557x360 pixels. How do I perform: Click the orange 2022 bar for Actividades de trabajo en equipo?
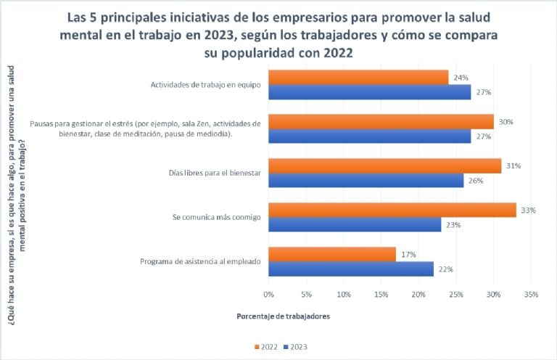(358, 77)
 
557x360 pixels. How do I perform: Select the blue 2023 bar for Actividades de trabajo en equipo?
(370, 92)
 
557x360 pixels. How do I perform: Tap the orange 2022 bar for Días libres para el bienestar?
(384, 165)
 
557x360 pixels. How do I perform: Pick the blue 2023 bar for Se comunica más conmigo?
(355, 225)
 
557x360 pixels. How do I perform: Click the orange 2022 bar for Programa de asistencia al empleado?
(332, 254)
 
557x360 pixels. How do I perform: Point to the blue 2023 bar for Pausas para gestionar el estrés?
(370, 136)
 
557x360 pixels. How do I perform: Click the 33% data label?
(528, 210)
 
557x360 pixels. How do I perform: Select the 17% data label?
(408, 255)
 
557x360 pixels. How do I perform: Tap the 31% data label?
(513, 166)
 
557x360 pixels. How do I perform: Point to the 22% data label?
(446, 269)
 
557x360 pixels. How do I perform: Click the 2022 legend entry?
(268, 347)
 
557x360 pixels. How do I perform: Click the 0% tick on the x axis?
(268, 295)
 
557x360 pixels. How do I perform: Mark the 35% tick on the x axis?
(531, 295)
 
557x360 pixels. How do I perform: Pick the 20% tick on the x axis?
(418, 295)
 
